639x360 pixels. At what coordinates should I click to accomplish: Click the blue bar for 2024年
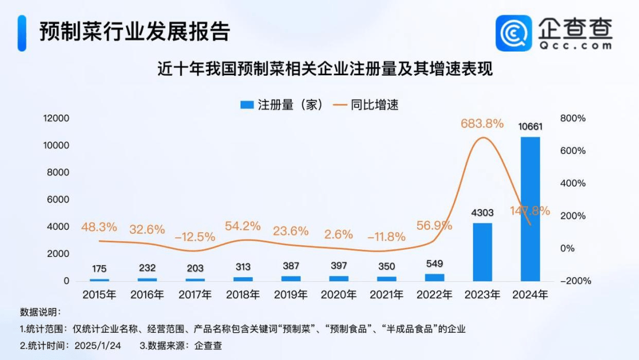pyautogui.click(x=530, y=208)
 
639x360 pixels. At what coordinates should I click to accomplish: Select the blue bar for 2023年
pyautogui.click(x=482, y=251)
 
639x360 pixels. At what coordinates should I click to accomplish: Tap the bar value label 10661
pyautogui.click(x=530, y=126)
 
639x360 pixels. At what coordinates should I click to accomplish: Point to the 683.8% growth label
pyautogui.click(x=482, y=124)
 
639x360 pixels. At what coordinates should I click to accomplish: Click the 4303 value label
pyautogui.click(x=482, y=212)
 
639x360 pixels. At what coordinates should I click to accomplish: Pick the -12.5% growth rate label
pyautogui.click(x=195, y=237)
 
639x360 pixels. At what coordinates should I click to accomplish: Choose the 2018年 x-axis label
pyautogui.click(x=243, y=294)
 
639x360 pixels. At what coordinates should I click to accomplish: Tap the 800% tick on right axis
pyautogui.click(x=573, y=118)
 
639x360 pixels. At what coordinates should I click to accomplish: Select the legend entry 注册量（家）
pyautogui.click(x=281, y=105)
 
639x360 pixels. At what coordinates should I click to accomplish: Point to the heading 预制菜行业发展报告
pyautogui.click(x=134, y=31)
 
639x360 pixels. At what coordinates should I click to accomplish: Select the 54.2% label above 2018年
pyautogui.click(x=243, y=226)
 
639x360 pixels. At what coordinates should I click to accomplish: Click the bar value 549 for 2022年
pyautogui.click(x=434, y=263)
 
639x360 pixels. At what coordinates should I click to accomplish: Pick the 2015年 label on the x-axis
pyautogui.click(x=99, y=294)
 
